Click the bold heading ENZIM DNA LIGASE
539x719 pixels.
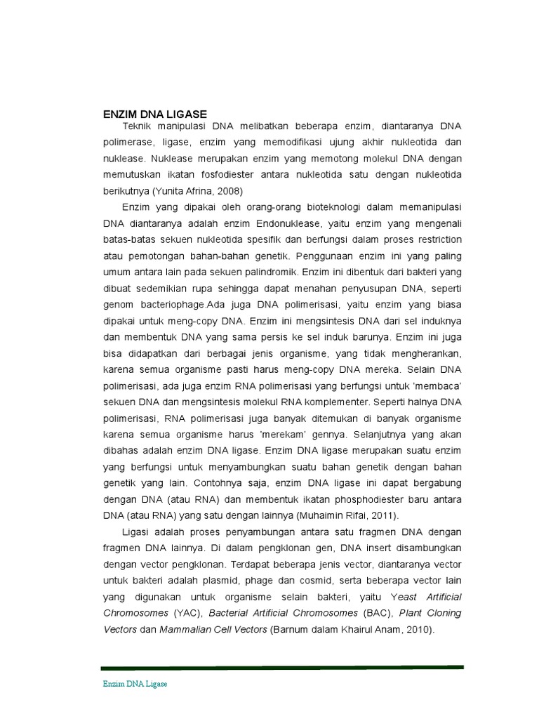point(155,114)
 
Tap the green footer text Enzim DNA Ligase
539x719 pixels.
point(135,683)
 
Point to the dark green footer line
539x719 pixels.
point(281,667)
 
